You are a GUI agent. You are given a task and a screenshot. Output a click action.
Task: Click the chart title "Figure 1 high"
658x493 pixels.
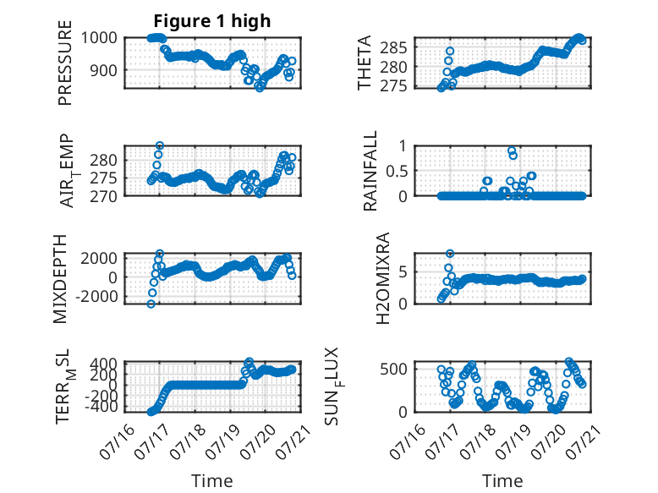point(212,21)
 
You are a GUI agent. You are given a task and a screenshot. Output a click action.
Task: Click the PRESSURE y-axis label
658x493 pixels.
point(65,63)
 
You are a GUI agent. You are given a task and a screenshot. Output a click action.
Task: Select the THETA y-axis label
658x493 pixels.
point(365,63)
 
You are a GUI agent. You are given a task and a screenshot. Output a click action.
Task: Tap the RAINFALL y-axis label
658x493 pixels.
point(370,171)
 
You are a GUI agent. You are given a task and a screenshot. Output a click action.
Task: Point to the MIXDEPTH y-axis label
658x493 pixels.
point(60,279)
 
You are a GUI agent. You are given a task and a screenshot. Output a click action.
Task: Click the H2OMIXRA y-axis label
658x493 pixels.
point(383,278)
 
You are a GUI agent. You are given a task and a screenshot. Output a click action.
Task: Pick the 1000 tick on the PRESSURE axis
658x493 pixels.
point(99,38)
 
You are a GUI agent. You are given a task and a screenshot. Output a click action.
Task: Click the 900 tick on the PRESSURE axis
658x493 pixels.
point(104,70)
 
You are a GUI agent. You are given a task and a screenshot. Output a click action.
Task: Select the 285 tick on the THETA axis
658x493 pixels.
point(393,48)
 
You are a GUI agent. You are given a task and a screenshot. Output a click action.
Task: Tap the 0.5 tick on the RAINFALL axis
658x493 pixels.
point(397,171)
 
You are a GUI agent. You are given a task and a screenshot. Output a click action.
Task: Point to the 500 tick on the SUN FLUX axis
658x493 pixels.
point(393,370)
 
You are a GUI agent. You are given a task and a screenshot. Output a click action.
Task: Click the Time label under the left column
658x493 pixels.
point(212,480)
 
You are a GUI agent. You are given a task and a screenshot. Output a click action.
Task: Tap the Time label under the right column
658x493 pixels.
point(502,480)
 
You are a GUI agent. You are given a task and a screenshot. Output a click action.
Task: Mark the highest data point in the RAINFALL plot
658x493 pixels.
point(512,151)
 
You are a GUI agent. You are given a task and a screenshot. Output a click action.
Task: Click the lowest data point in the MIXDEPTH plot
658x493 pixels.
point(151,304)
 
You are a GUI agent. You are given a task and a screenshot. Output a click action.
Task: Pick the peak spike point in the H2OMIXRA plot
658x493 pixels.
point(450,254)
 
